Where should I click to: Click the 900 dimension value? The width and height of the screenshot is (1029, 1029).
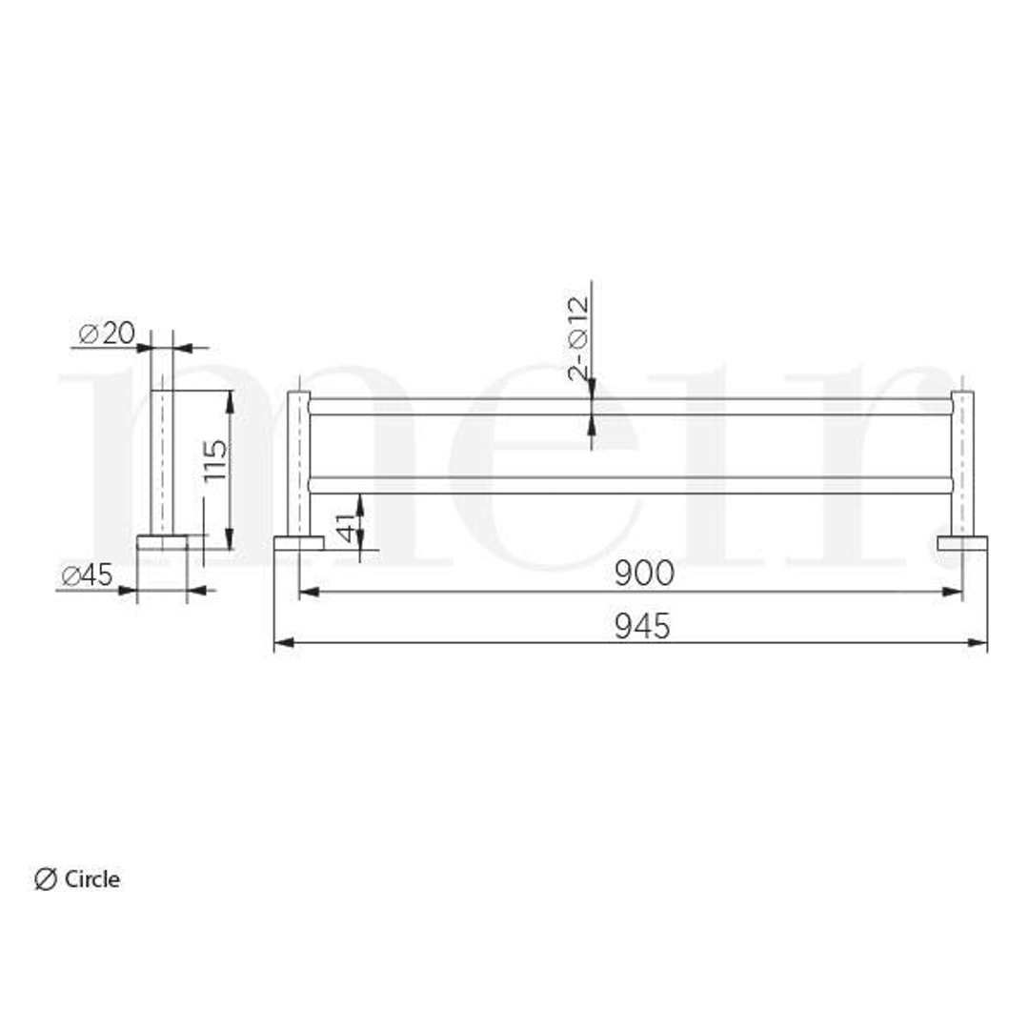pyautogui.click(x=644, y=573)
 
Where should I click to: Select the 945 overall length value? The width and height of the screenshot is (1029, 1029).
pyautogui.click(x=642, y=626)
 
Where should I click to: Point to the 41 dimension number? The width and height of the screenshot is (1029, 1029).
pyautogui.click(x=346, y=526)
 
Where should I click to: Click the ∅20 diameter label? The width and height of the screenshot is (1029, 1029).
pyautogui.click(x=107, y=333)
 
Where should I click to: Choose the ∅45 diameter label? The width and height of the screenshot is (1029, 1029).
pyautogui.click(x=88, y=575)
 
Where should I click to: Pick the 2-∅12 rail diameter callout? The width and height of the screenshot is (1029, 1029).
pyautogui.click(x=578, y=338)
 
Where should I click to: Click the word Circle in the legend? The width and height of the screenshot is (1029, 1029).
pyautogui.click(x=91, y=878)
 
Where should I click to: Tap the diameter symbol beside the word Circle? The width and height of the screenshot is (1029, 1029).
pyautogui.click(x=45, y=878)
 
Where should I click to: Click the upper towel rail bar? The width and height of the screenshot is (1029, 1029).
pyautogui.click(x=631, y=406)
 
